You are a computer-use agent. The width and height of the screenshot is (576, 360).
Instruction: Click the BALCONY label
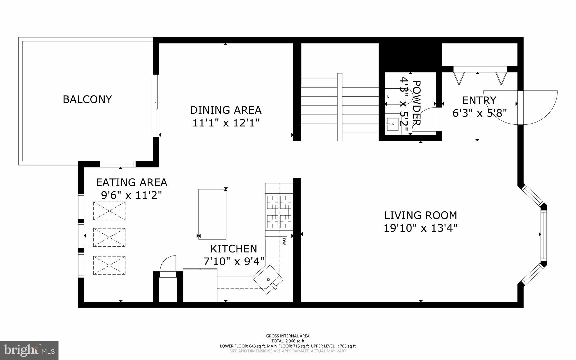[x=87, y=99]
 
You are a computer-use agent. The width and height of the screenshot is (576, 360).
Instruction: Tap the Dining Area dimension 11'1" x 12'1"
[x=226, y=123]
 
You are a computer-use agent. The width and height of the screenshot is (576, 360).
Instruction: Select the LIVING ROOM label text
[x=420, y=215]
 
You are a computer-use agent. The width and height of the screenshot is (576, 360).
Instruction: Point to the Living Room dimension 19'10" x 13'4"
[x=420, y=228]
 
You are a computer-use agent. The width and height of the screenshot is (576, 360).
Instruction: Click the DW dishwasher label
[x=283, y=241]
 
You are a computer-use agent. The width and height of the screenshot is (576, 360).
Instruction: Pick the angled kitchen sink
[x=268, y=279]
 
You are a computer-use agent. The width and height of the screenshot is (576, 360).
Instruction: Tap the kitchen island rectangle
[x=212, y=214]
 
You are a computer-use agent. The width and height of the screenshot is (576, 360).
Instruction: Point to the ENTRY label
[x=479, y=100]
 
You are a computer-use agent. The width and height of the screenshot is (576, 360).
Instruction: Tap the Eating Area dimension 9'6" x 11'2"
[x=131, y=195]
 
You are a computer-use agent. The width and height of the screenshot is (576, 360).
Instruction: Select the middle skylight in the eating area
[x=109, y=237]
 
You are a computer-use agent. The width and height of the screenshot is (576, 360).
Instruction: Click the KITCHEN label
[x=234, y=249]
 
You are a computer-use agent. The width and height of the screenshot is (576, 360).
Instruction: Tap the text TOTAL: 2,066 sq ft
[x=288, y=341]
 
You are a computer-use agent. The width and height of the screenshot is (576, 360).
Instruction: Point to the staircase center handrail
[x=340, y=107]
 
